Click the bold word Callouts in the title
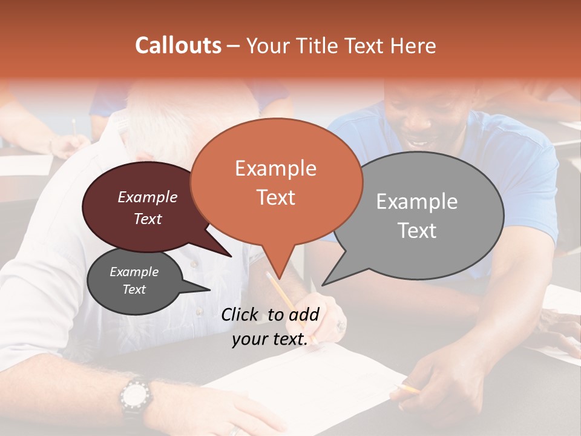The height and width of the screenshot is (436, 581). (178, 45)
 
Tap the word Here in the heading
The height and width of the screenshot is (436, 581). (413, 45)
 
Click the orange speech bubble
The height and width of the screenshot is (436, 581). (276, 182)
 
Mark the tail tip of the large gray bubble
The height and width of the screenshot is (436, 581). (323, 285)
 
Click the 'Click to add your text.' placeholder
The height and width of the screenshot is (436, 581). (270, 327)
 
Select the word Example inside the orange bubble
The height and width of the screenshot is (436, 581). (275, 168)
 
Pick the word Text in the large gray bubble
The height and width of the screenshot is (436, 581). (418, 231)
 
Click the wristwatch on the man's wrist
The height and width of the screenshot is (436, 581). (134, 397)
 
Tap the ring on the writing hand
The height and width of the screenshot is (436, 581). (340, 325)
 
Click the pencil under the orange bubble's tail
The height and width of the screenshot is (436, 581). (284, 297)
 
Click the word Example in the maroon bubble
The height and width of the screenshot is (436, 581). (148, 197)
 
